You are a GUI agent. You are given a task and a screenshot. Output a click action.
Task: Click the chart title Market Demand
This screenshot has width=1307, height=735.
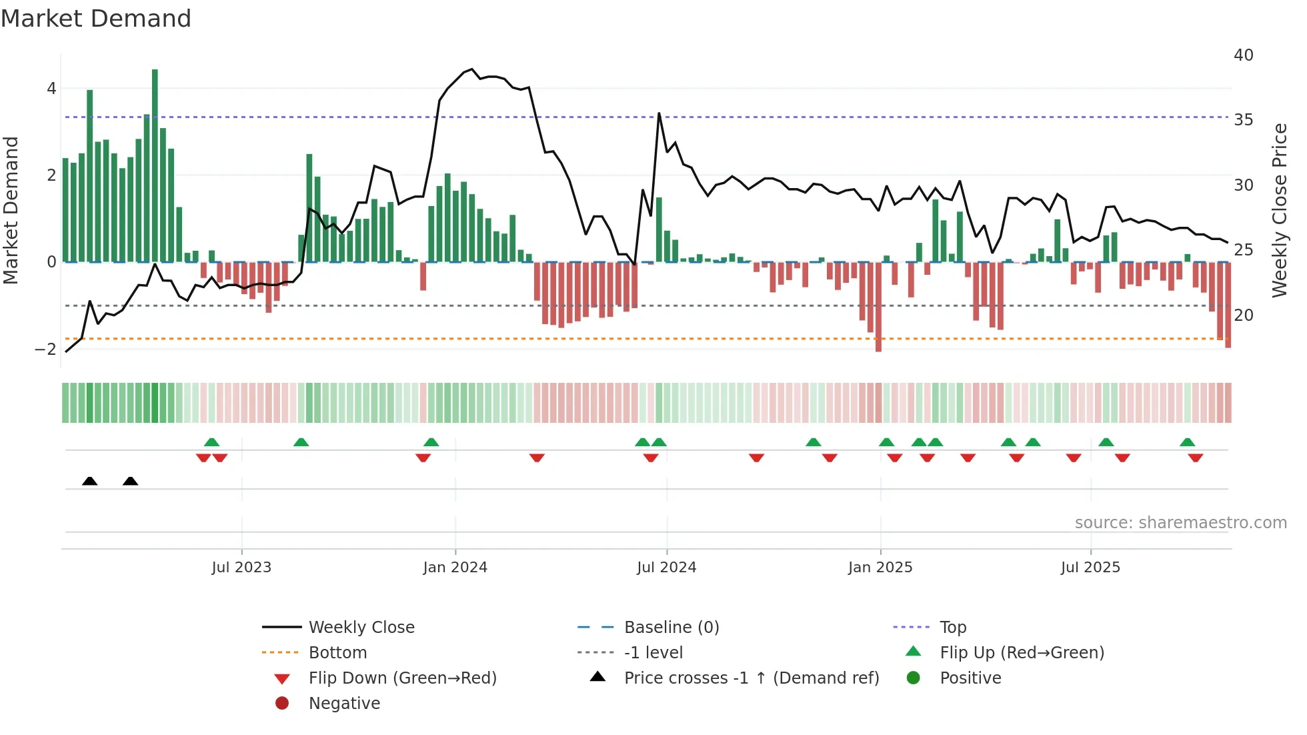click(96, 19)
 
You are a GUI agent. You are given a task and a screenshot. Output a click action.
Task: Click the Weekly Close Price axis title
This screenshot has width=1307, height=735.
click(1279, 210)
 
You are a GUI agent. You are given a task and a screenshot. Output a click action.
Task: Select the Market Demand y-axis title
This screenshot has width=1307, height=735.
click(11, 210)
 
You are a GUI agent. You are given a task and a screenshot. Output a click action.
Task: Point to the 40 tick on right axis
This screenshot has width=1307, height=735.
click(1243, 55)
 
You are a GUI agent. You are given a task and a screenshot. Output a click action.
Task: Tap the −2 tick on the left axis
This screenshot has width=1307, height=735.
click(45, 349)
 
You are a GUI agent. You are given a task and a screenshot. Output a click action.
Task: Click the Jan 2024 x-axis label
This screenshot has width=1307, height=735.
click(455, 568)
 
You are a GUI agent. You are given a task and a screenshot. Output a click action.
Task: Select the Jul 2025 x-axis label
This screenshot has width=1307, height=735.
click(1090, 568)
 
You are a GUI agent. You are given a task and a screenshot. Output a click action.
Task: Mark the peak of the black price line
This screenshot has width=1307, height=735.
click(471, 69)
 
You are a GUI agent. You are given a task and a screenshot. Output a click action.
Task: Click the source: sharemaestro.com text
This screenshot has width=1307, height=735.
click(1180, 523)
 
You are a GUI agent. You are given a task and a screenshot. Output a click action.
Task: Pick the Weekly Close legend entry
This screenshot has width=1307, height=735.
click(361, 628)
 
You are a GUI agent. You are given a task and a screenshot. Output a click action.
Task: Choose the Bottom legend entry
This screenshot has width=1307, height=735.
click(337, 653)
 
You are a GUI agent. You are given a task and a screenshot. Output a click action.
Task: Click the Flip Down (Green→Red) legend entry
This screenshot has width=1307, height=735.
click(402, 678)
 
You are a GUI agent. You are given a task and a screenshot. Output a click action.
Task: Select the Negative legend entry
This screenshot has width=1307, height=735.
click(344, 704)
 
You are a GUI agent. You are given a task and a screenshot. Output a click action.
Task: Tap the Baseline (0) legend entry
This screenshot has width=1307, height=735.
click(671, 628)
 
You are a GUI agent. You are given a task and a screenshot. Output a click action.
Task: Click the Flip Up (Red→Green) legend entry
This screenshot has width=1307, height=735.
click(1022, 653)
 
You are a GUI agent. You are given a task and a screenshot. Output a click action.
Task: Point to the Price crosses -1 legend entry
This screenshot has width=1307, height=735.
click(751, 678)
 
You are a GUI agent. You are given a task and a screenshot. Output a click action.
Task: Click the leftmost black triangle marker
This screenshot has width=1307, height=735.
click(89, 481)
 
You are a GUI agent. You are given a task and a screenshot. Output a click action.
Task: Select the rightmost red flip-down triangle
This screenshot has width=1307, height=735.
click(1195, 458)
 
